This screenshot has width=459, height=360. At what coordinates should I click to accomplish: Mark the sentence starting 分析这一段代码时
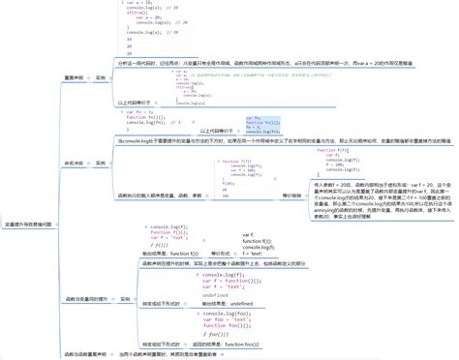281,61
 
